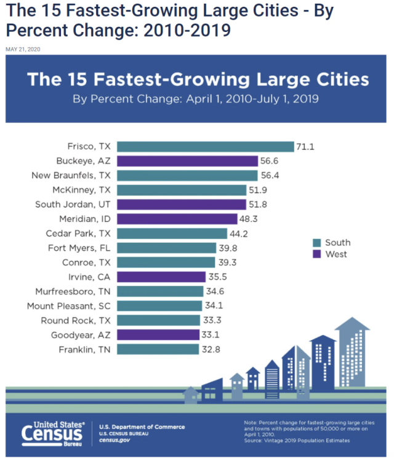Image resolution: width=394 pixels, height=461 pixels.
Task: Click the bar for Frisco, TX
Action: tap(205, 146)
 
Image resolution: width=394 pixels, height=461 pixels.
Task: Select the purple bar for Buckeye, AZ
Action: tap(187, 161)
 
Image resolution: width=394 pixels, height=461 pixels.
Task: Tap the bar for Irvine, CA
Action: tap(166, 277)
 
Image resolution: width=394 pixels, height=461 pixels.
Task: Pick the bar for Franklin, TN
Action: tap(159, 349)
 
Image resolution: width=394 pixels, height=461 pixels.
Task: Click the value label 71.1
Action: tap(305, 146)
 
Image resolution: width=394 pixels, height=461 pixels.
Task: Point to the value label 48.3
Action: tap(248, 219)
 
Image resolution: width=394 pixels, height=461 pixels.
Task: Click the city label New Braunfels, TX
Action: tap(71, 175)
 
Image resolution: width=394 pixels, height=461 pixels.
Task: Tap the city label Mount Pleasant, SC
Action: tap(68, 305)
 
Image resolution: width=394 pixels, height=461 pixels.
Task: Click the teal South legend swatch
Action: tap(316, 243)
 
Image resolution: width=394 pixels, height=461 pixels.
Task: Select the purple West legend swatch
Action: tap(316, 254)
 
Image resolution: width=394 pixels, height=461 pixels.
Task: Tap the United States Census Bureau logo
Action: tap(55, 434)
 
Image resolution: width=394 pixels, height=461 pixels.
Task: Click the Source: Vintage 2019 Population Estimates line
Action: tap(297, 441)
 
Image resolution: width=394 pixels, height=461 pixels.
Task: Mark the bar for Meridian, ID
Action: tap(177, 219)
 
